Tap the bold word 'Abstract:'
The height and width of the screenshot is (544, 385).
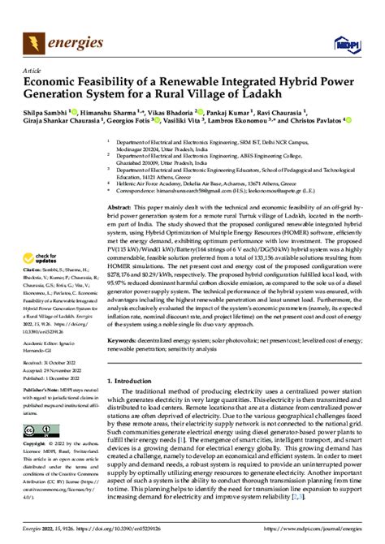[x=121, y=209]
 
